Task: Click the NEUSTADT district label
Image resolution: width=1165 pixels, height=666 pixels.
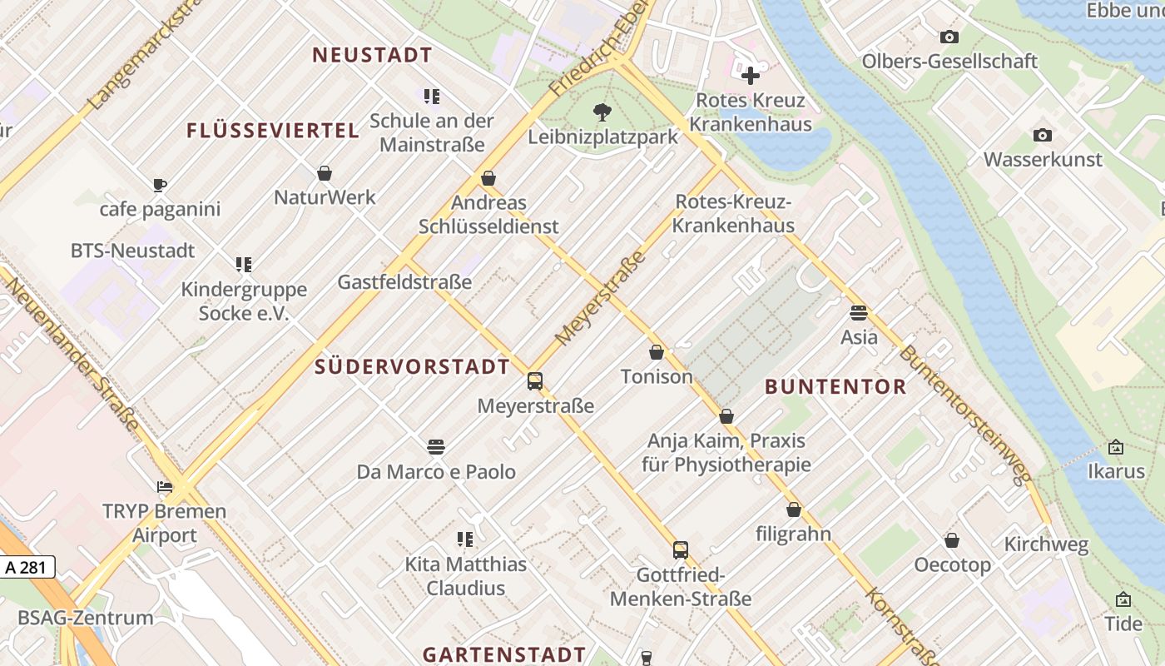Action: (x=372, y=56)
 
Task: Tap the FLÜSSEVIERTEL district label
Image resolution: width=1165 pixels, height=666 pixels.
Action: (x=273, y=131)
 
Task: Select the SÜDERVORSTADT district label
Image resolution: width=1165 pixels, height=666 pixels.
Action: (x=412, y=367)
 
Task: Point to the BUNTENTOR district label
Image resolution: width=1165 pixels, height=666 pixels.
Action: (x=835, y=386)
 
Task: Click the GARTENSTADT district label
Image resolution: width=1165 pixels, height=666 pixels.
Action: (x=504, y=654)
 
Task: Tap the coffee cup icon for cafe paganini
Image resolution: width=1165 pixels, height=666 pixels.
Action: (x=160, y=185)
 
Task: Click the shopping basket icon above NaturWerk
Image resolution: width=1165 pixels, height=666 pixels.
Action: (x=325, y=173)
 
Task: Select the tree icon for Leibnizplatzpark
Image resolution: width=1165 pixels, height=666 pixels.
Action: (x=602, y=112)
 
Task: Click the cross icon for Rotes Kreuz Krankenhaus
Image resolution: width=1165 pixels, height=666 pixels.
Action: (x=751, y=76)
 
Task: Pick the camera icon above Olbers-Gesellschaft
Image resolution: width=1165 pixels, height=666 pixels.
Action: (x=949, y=37)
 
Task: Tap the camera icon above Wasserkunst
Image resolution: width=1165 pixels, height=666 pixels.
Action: (x=1042, y=135)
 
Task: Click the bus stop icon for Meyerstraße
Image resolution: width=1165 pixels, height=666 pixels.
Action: (x=535, y=381)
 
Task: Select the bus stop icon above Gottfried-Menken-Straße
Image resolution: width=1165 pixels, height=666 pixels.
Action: (x=681, y=549)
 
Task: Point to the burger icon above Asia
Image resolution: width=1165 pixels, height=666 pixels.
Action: (x=859, y=313)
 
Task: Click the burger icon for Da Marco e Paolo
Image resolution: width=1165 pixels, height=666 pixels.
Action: (x=436, y=447)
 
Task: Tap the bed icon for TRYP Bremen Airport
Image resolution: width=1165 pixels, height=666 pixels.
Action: (x=164, y=487)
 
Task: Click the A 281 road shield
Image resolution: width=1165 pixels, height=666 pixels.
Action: (x=27, y=568)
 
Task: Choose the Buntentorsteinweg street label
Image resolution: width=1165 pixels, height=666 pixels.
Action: (x=965, y=415)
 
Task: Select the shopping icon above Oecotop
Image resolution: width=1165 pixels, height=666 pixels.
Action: (x=952, y=541)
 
